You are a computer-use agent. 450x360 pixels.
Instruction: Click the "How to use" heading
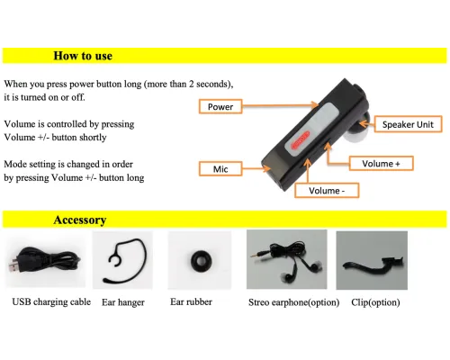[x=83, y=56]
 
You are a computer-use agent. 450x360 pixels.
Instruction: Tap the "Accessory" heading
[x=80, y=220]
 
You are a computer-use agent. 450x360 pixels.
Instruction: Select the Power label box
[x=220, y=106]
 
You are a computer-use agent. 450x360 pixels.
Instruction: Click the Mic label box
[x=220, y=169]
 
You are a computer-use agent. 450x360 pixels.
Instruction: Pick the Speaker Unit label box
[x=408, y=124]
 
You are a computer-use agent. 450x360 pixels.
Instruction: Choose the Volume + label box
[x=381, y=164]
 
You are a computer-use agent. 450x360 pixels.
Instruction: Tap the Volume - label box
[x=327, y=191]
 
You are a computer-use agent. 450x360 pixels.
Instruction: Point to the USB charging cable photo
[x=45, y=260]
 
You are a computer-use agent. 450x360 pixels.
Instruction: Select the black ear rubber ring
[x=201, y=260]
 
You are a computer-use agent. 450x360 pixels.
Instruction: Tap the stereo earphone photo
[x=287, y=259]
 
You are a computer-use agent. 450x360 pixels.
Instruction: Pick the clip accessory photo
[x=372, y=260]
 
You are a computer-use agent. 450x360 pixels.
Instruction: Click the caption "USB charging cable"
[x=51, y=301]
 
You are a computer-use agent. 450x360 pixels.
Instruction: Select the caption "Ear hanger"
[x=123, y=302]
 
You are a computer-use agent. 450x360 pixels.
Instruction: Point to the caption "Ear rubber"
[x=191, y=301]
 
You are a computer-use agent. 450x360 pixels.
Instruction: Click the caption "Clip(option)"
[x=375, y=302]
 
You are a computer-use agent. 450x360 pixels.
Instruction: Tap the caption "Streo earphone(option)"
[x=294, y=302]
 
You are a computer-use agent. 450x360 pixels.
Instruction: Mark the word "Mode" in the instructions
[x=14, y=164]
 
